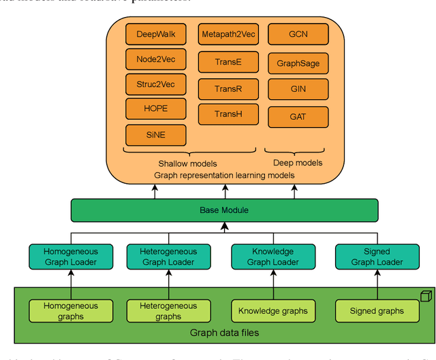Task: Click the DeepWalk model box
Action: [x=156, y=34]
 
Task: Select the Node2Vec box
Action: [x=156, y=59]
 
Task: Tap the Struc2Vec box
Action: [x=156, y=84]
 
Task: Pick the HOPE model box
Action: [x=156, y=109]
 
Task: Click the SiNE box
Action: [x=156, y=135]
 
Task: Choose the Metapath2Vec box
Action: [x=229, y=34]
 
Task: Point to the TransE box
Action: [x=229, y=62]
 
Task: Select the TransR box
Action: [x=229, y=88]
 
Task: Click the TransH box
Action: [x=229, y=114]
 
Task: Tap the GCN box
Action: [x=298, y=34]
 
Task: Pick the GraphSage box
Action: [x=298, y=64]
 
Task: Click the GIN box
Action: [x=298, y=89]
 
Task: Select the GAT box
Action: [x=298, y=117]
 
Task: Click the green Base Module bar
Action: [x=224, y=210]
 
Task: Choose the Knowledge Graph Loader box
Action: [x=272, y=257]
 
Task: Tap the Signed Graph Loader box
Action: [x=376, y=257]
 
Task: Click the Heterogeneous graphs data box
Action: [x=168, y=311]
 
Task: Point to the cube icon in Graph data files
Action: [x=425, y=296]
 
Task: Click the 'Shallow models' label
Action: [x=187, y=163]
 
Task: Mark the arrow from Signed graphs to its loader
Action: [x=376, y=284]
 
